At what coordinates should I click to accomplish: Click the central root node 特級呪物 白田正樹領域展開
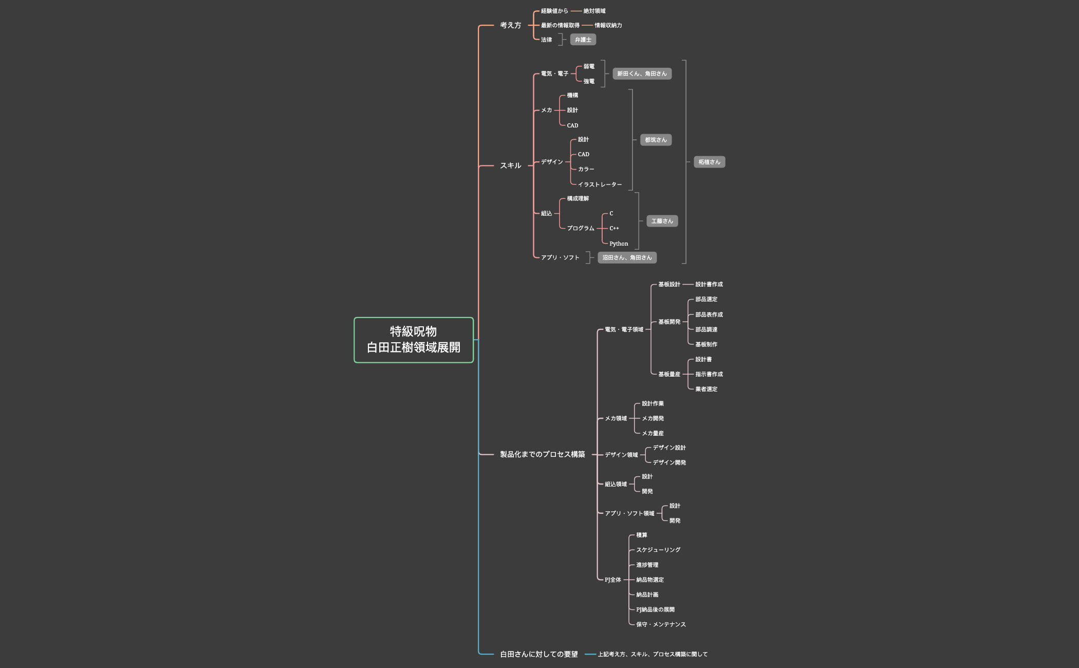click(x=414, y=340)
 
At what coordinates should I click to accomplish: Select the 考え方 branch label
click(x=510, y=25)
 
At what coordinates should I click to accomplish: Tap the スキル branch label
click(x=510, y=165)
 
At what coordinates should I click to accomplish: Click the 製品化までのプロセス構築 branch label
click(x=543, y=454)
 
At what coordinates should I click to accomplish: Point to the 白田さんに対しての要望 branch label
click(x=539, y=654)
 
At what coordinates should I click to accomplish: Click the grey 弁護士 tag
click(x=583, y=40)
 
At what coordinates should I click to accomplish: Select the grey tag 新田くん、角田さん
click(x=642, y=73)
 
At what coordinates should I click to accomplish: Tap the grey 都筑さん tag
click(x=656, y=140)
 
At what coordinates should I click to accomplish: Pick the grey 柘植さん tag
click(x=709, y=162)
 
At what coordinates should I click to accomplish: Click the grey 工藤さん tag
click(x=662, y=221)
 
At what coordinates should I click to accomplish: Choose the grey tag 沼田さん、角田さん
click(x=627, y=257)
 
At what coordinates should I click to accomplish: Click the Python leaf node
click(x=619, y=244)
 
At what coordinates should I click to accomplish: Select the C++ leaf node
click(x=614, y=228)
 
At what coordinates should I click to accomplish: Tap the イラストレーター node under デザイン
click(x=600, y=184)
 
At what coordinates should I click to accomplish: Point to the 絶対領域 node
click(x=594, y=11)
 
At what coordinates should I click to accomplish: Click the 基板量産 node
click(x=669, y=374)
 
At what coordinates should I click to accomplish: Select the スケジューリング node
click(x=658, y=550)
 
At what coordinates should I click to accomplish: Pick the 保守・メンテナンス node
click(x=661, y=624)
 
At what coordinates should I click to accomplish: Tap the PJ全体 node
click(x=612, y=580)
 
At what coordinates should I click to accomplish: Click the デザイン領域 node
click(x=621, y=455)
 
